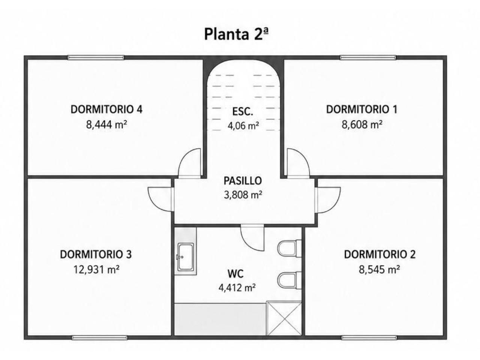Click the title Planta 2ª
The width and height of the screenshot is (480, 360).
coord(236,34)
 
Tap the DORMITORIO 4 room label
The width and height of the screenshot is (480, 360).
coord(106,109)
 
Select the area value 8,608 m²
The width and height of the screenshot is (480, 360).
coord(362,124)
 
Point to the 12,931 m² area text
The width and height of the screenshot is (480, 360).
coord(96,270)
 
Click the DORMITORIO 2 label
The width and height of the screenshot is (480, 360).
coord(380,254)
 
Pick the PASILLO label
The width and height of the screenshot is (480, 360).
coord(243,181)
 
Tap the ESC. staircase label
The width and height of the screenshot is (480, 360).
coord(243,111)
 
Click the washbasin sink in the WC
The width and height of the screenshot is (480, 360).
coord(186,257)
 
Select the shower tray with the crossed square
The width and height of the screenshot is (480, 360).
coord(284,318)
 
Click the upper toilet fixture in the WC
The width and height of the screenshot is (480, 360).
coord(289,248)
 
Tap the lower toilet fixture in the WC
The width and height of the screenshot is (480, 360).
coord(289,280)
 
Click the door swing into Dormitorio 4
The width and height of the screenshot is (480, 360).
coord(189,163)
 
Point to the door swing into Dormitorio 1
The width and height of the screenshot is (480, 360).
coord(298,163)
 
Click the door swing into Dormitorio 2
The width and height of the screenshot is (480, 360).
coord(328,200)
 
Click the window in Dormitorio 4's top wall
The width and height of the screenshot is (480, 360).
coord(96,57)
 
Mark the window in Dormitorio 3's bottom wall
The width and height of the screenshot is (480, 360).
coord(99,338)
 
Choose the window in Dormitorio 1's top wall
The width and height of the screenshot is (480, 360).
coord(368,57)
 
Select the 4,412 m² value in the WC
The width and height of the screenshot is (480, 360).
coord(237,288)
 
